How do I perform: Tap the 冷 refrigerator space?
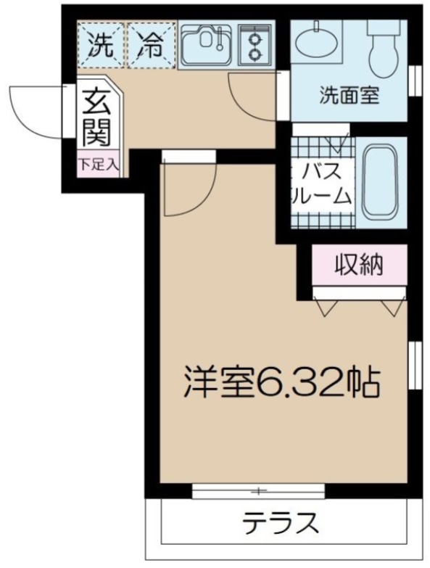(x=151, y=46)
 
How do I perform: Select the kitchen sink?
(x=206, y=46)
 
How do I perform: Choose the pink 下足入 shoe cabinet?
(x=98, y=165)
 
